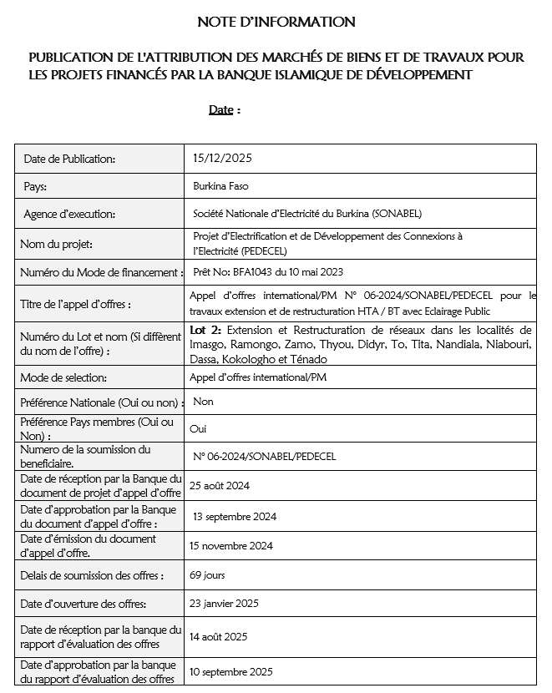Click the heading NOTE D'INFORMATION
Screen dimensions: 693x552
pyautogui.click(x=276, y=22)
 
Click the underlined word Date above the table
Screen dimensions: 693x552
pyautogui.click(x=220, y=109)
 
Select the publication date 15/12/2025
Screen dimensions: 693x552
pyautogui.click(x=222, y=158)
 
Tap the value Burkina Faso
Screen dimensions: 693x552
pyautogui.click(x=220, y=186)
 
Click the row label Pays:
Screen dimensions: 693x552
pyautogui.click(x=35, y=187)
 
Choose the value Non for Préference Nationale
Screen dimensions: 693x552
pyautogui.click(x=203, y=402)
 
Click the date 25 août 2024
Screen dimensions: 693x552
pyautogui.click(x=220, y=485)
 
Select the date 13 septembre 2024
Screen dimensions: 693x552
pyautogui.click(x=234, y=516)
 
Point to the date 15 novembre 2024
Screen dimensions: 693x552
pyautogui.click(x=231, y=546)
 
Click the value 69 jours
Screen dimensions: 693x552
pyautogui.click(x=207, y=575)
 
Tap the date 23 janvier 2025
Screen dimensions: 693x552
pyautogui.click(x=224, y=604)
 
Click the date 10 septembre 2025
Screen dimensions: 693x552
pyautogui.click(x=231, y=671)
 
